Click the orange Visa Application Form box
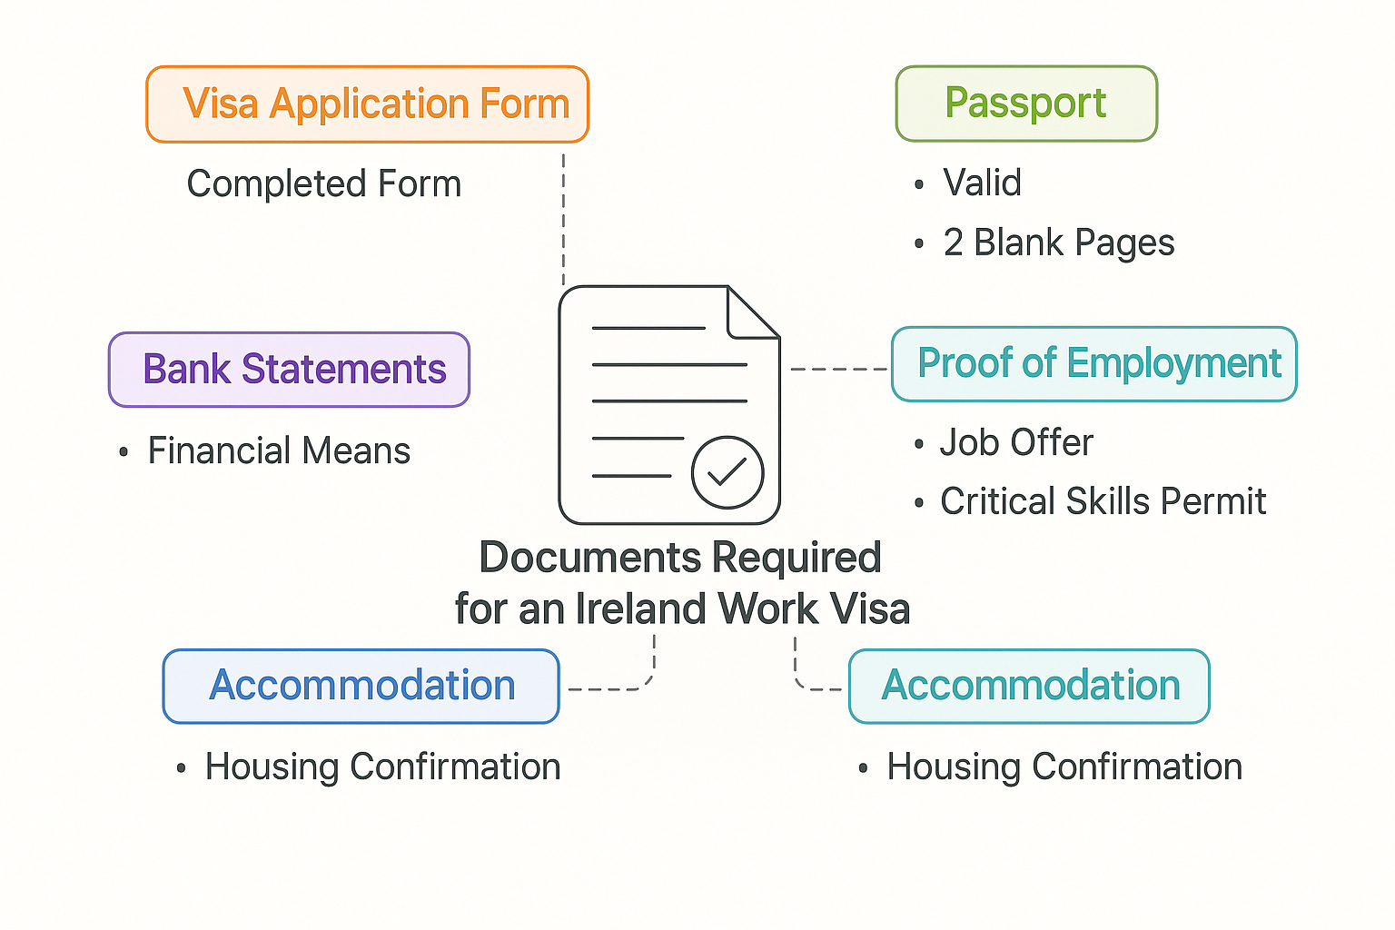(x=367, y=104)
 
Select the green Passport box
(x=1026, y=104)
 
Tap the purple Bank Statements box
(x=289, y=370)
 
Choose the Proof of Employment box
(x=1094, y=364)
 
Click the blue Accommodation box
(x=361, y=687)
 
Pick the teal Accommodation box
(x=1029, y=687)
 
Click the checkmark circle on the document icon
(x=727, y=472)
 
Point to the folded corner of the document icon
(x=753, y=313)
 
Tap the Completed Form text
(x=324, y=184)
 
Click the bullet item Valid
(x=982, y=183)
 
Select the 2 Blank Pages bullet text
(x=1058, y=243)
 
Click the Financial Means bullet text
(x=279, y=451)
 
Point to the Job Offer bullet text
(x=1016, y=443)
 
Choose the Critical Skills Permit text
(x=1103, y=501)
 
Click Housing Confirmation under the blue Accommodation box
(x=382, y=767)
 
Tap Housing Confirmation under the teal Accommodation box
(x=1064, y=767)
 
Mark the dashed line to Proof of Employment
(x=839, y=370)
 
